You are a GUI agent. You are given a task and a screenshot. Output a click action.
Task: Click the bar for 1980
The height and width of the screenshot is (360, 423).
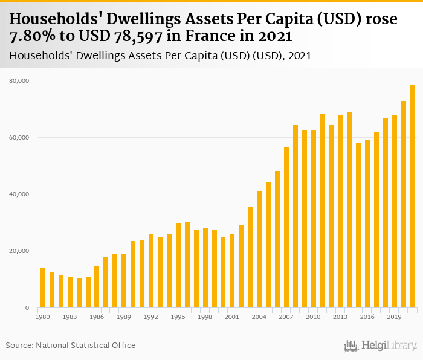(43, 288)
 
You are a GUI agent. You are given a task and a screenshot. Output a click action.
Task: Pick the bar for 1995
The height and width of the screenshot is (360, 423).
(178, 265)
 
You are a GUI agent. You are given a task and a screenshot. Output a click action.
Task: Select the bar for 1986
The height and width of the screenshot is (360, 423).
(97, 287)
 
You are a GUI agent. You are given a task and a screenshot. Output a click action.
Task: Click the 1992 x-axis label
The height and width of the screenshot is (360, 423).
(151, 317)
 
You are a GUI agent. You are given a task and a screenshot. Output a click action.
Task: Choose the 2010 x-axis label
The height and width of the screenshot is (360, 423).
(314, 317)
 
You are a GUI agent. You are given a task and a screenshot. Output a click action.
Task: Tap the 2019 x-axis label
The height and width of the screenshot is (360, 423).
(395, 317)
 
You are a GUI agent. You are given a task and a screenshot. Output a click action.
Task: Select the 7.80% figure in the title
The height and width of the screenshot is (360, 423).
(34, 37)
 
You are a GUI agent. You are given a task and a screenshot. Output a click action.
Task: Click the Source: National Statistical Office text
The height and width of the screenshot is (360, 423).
(71, 345)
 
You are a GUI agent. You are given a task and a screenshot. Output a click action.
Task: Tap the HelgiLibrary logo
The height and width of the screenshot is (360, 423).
(380, 346)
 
